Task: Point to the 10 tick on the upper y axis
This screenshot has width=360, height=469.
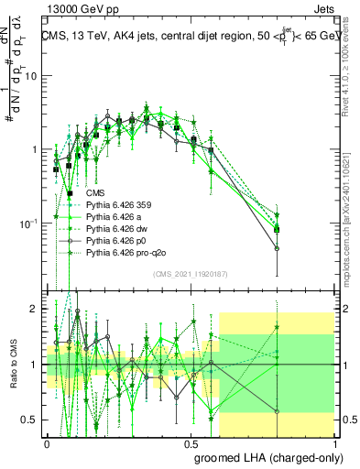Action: click(x=34, y=76)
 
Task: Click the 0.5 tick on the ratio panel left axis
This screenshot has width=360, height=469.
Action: click(x=34, y=420)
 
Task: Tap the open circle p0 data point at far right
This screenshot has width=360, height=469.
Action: click(x=277, y=248)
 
